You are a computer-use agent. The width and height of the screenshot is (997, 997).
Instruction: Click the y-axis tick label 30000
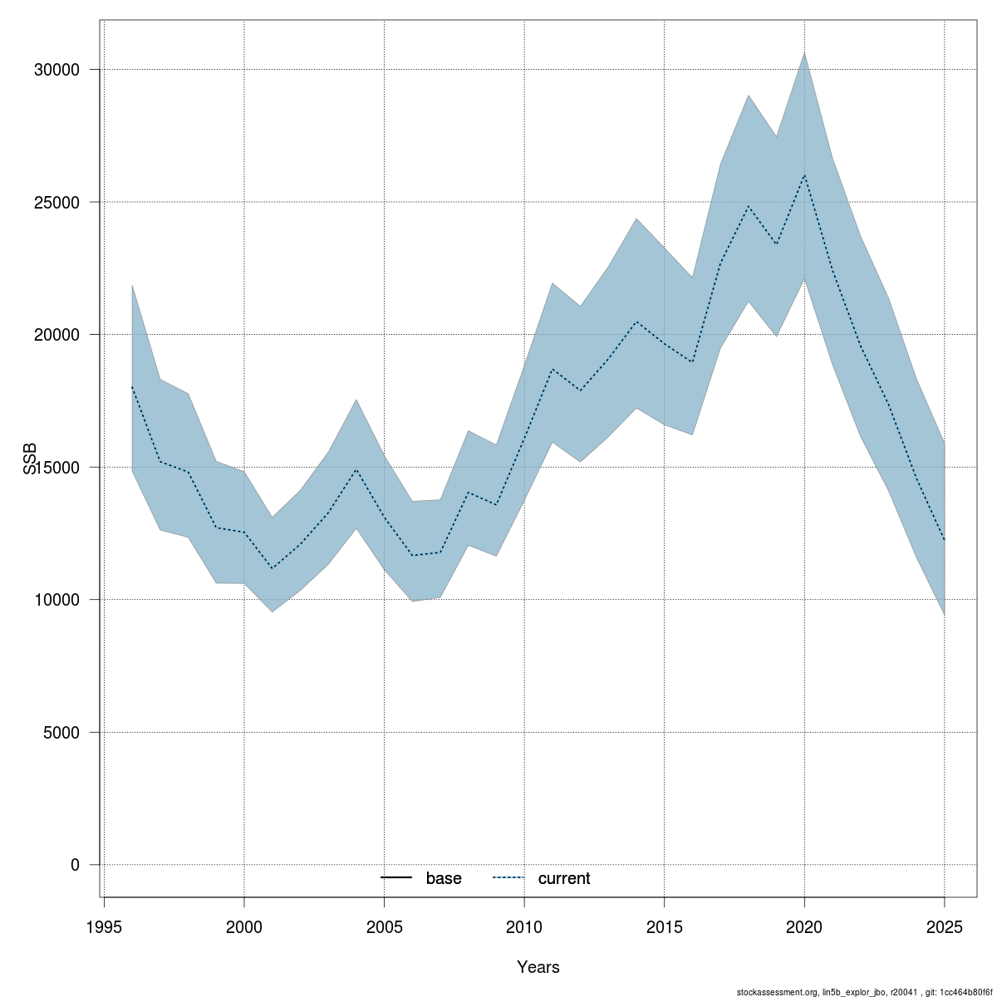pos(56,70)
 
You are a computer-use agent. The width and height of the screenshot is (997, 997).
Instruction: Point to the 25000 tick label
pos(56,202)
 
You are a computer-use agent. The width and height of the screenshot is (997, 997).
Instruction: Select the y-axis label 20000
pos(56,335)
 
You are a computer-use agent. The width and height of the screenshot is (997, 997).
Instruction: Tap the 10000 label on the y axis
pos(56,600)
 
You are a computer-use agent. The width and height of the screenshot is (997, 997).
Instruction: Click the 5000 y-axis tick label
pos(61,733)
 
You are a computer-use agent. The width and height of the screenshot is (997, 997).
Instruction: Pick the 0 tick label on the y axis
pos(75,865)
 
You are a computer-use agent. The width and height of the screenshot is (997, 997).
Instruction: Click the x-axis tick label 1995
pos(105,926)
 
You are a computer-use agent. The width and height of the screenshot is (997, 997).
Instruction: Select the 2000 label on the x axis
pos(244,926)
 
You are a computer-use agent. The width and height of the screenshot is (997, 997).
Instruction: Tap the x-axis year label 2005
pos(385,926)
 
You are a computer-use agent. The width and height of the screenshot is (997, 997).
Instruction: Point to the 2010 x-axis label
pos(524,926)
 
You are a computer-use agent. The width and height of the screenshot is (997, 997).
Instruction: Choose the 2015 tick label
pos(665,926)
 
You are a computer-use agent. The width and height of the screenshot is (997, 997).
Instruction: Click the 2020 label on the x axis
pos(804,926)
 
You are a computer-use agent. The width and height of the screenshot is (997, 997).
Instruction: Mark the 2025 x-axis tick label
pos(945,926)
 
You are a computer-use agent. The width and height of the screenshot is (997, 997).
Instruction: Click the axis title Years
pos(538,967)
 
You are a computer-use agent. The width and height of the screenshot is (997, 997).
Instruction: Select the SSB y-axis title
pos(30,459)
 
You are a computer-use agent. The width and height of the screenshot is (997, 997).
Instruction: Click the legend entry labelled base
pos(421,878)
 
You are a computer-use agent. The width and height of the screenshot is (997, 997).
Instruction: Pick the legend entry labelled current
pos(542,878)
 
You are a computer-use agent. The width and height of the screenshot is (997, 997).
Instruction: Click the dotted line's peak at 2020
pos(804,174)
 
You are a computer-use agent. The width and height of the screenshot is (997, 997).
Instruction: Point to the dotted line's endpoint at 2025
pos(945,540)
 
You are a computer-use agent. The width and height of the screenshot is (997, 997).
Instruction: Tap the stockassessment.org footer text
pos(864,992)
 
